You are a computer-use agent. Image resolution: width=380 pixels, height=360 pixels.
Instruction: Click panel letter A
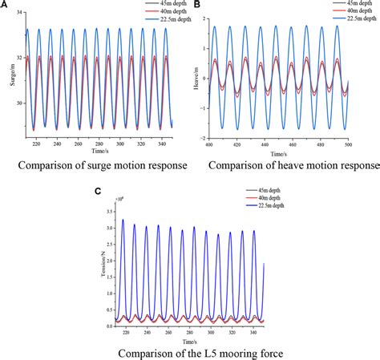[x=5, y=6]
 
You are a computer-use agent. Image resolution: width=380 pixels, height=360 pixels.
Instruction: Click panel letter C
[x=98, y=192]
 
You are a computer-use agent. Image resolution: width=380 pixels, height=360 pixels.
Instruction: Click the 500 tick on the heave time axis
[x=370, y=145]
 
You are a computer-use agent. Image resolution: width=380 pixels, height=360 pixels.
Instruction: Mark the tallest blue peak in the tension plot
[x=123, y=220]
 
